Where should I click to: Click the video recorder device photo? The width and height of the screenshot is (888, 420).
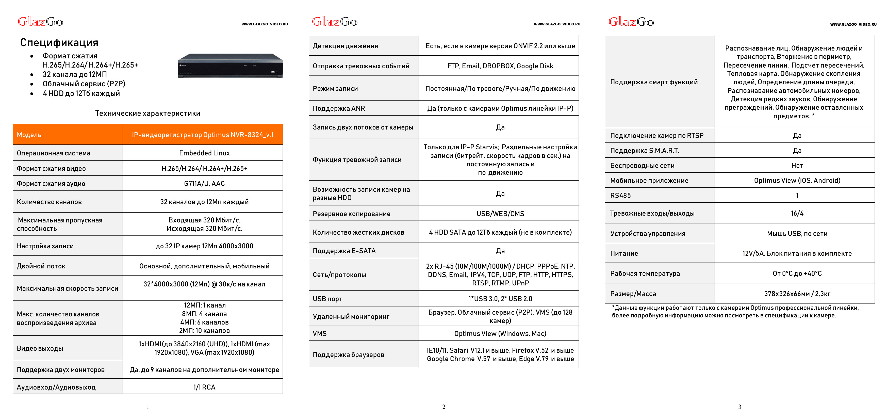pos(230,66)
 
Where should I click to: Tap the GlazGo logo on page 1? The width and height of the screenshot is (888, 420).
pos(40,22)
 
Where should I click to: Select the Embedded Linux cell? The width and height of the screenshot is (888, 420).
pos(204,153)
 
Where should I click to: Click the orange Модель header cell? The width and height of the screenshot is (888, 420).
pos(68,135)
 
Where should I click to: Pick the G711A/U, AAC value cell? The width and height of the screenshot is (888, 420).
pos(204,183)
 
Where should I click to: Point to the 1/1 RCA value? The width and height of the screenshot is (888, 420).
pos(204,387)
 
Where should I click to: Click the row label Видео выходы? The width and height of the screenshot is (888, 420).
pos(40,348)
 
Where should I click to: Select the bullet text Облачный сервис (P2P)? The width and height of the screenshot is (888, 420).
pos(84,84)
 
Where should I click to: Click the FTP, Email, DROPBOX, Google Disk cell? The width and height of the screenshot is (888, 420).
pos(500,66)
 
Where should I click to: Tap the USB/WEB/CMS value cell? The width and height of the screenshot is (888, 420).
pos(500,214)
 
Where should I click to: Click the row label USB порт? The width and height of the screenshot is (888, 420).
pos(327,299)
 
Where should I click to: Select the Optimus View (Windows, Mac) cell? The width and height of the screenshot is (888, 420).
pos(500,333)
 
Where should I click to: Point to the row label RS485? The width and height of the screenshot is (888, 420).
pos(620,196)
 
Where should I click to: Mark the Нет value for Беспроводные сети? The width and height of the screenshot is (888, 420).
pos(797,166)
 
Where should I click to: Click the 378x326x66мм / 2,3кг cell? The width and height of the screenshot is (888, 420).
pos(797,294)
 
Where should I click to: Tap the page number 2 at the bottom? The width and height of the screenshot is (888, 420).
pos(444,407)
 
